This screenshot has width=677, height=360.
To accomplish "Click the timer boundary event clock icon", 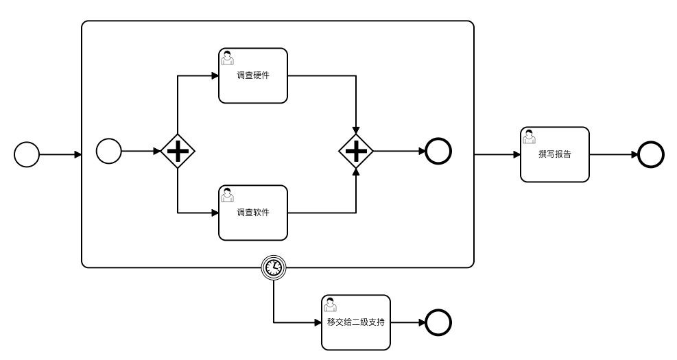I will coord(274,267).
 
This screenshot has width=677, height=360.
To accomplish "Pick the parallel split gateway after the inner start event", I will coord(178,151).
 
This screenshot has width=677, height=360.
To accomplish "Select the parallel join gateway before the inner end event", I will coord(356,151).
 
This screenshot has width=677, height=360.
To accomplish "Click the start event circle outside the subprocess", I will coord(27,154).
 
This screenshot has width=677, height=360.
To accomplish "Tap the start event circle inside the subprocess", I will coord(109,151).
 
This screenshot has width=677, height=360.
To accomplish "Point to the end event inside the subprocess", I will coord(438,151).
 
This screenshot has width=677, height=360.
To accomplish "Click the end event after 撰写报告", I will coord(650,154).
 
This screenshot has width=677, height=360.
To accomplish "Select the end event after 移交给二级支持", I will coord(438,322).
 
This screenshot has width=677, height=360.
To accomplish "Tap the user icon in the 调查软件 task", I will coord(227,195).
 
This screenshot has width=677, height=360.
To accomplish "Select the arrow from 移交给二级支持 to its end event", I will coord(408,322).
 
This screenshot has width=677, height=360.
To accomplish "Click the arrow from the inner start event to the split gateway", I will coord(141,151).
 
